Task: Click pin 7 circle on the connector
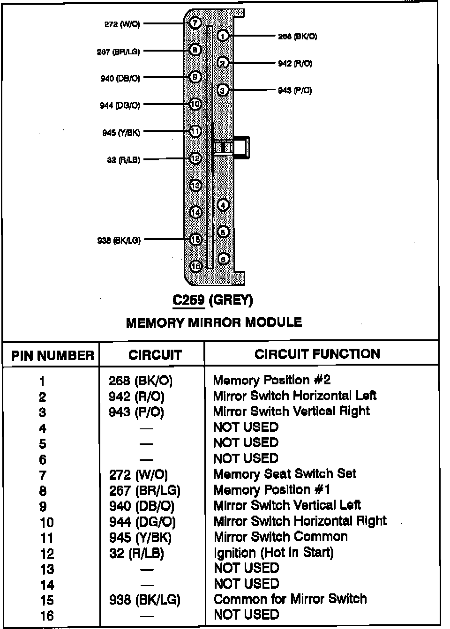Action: (x=195, y=23)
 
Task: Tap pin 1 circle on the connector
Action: (x=223, y=36)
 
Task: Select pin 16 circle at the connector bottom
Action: (x=195, y=266)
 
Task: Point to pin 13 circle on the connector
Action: (x=195, y=186)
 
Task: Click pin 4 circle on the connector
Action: (x=223, y=205)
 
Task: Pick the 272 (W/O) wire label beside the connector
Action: (x=122, y=24)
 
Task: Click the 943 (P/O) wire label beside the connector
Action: (x=295, y=90)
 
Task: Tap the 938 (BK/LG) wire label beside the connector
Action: (x=119, y=240)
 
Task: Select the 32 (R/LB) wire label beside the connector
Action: (x=123, y=160)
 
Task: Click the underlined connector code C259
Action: (x=188, y=300)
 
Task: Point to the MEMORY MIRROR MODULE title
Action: (x=214, y=322)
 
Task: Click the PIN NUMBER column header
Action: (x=52, y=355)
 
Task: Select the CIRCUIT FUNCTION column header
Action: (x=317, y=354)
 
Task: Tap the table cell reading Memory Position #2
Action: (x=272, y=380)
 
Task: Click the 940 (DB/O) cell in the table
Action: (x=142, y=506)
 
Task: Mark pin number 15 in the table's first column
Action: (x=46, y=600)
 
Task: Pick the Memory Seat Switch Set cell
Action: (x=285, y=474)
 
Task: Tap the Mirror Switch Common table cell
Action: (x=281, y=537)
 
